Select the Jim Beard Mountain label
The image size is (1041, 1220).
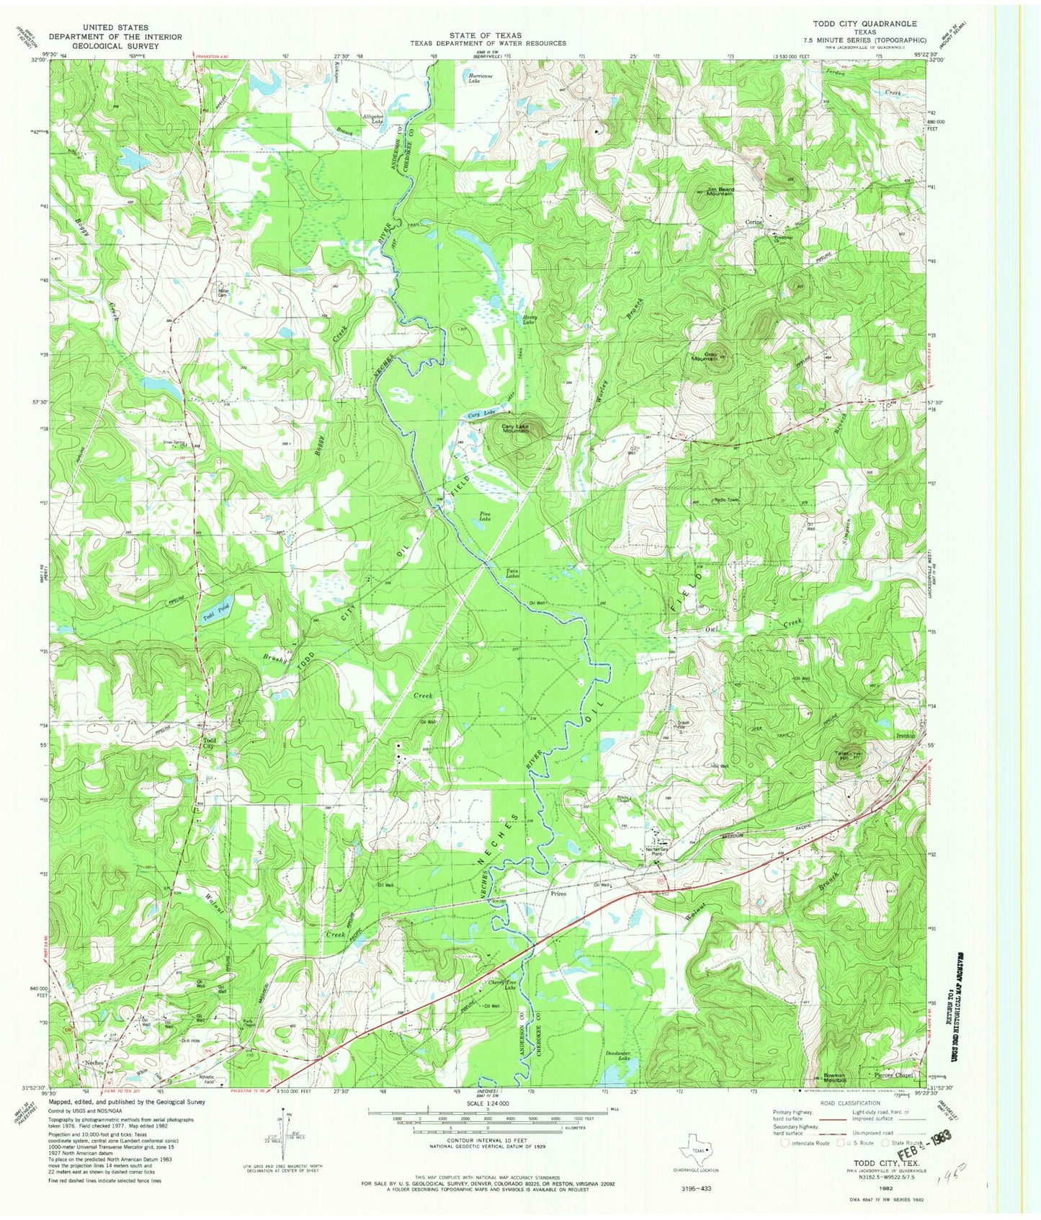click(x=720, y=191)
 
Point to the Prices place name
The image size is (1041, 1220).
click(x=558, y=894)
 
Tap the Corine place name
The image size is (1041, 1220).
click(x=754, y=222)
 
